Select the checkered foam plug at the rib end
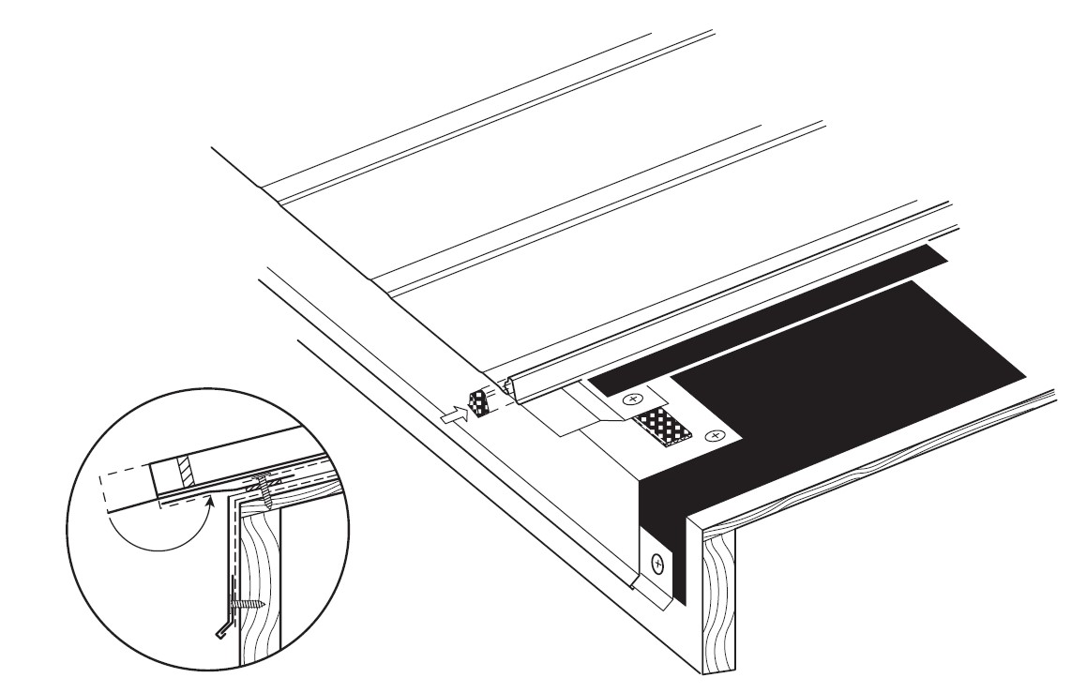pos(479,404)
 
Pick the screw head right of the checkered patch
pos(716,435)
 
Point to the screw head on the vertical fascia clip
pos(657,564)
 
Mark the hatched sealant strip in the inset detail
pos(186,471)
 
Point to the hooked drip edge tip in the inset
pos(221,627)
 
